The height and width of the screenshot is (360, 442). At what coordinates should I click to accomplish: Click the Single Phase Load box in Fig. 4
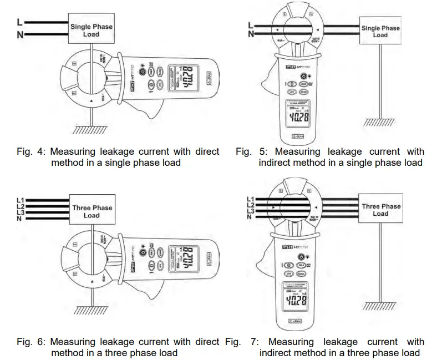click(x=92, y=31)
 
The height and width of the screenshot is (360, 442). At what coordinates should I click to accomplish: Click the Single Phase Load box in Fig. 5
click(x=380, y=32)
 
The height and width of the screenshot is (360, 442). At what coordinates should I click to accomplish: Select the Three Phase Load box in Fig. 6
click(x=92, y=212)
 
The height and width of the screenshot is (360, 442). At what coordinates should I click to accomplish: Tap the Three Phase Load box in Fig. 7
click(x=380, y=210)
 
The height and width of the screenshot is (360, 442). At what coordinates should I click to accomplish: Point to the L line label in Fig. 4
click(x=20, y=22)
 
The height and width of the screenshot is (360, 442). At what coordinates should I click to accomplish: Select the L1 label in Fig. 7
click(x=250, y=199)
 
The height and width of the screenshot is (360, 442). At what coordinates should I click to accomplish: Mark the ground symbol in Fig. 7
click(x=380, y=309)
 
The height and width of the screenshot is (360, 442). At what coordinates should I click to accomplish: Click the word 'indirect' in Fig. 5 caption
click(x=275, y=163)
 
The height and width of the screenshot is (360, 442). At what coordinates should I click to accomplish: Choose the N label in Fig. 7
click(x=250, y=217)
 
